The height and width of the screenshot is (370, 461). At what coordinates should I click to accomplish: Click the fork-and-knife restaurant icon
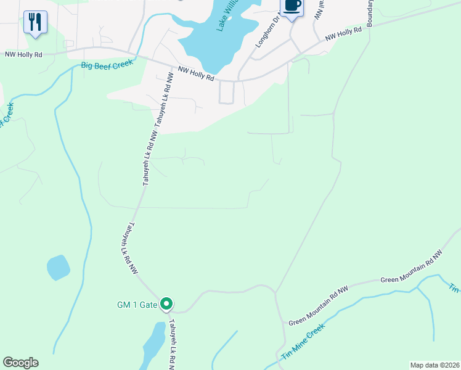click(35, 23)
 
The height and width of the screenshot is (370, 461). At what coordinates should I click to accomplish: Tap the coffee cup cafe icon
click(292, 6)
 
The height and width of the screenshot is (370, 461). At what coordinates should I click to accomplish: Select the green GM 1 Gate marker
click(166, 304)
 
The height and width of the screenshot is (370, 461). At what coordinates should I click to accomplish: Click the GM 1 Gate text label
click(137, 305)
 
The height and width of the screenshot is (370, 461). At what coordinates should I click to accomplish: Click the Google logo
click(20, 363)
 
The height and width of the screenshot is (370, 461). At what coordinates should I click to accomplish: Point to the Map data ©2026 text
click(434, 365)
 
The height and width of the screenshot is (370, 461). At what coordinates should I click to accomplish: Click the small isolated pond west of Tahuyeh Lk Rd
click(58, 268)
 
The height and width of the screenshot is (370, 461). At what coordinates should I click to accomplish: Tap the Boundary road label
click(370, 12)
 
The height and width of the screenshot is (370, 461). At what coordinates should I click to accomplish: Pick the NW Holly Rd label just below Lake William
click(195, 74)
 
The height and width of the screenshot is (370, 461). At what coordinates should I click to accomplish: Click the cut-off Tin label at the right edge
click(454, 289)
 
